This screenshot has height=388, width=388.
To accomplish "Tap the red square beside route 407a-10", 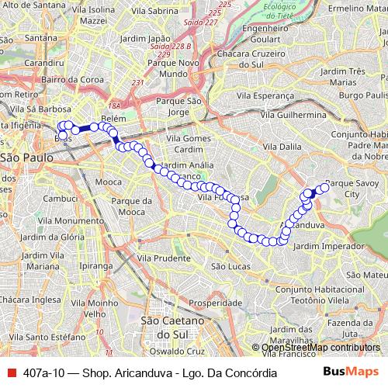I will pos(11,372).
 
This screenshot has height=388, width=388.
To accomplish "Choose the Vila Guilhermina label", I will pos(293,114).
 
